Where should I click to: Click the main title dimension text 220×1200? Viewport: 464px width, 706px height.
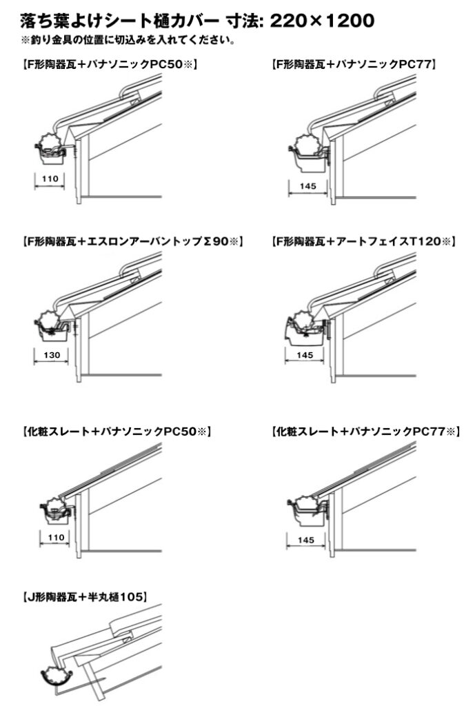(322, 21)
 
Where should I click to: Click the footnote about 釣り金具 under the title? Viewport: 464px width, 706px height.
(128, 41)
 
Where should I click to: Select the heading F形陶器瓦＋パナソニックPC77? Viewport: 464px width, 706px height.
(354, 64)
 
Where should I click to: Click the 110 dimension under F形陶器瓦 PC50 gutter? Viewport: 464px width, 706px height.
(50, 179)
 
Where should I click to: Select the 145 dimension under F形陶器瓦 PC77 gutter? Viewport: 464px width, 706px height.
(307, 185)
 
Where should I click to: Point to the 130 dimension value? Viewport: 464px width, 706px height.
(52, 355)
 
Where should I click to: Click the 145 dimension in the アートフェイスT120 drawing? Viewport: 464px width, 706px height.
(305, 355)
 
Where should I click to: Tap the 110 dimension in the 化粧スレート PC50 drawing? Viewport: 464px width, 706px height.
(57, 536)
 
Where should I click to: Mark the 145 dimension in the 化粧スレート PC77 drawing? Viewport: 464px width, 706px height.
(306, 539)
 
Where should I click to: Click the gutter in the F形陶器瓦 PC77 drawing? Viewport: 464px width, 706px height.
(308, 155)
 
